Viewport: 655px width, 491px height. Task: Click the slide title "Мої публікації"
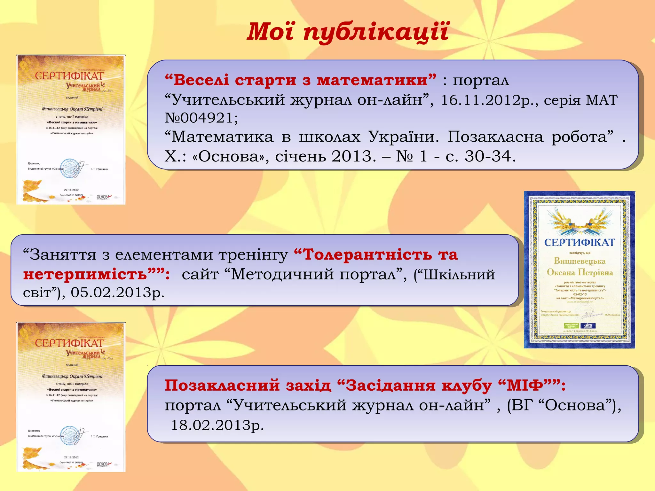click(x=348, y=32)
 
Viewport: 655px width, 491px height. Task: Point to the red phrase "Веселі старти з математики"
click(x=301, y=80)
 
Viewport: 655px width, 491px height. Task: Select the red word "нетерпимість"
click(x=85, y=274)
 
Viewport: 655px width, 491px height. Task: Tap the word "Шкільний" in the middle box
click(x=459, y=274)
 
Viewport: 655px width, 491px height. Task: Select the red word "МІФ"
click(x=525, y=386)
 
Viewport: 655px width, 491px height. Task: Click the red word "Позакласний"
click(x=222, y=386)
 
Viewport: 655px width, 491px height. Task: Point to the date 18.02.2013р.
click(x=217, y=425)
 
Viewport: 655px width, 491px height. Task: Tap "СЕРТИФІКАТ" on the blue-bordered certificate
click(x=580, y=243)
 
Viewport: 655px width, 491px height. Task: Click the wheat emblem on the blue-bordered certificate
click(x=580, y=222)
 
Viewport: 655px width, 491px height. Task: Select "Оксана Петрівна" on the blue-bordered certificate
click(x=580, y=273)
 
